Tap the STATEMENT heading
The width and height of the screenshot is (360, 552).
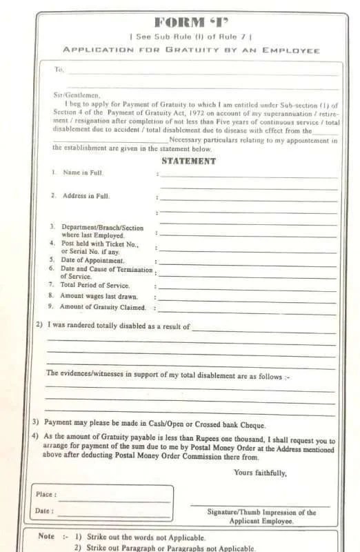click(188, 161)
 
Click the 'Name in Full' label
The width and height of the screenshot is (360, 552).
click(83, 172)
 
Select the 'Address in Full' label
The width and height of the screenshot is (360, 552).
click(86, 196)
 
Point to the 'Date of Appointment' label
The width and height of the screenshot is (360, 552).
click(93, 260)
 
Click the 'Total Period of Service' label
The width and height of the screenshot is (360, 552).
click(94, 285)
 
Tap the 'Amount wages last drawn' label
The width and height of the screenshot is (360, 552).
click(99, 296)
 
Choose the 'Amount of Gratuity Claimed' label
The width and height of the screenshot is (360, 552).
click(102, 307)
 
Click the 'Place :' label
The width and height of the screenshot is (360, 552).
click(46, 495)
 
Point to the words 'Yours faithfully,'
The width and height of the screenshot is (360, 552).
click(260, 473)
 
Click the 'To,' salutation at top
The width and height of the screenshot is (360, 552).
click(59, 70)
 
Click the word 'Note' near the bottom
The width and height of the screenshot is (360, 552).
click(46, 536)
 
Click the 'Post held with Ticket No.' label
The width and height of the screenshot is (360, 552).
click(99, 244)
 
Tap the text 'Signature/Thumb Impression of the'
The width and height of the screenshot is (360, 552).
click(261, 513)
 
